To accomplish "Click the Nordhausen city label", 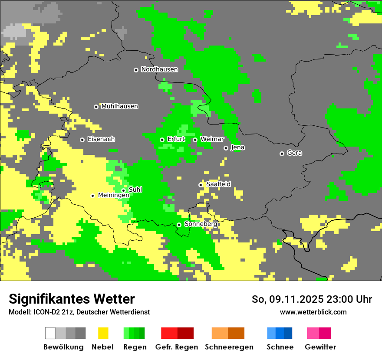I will pyautogui.click(x=159, y=69).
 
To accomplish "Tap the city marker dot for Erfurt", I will pyautogui.click(x=162, y=140).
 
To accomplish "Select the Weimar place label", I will pyautogui.click(x=212, y=139).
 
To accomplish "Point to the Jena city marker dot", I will pyautogui.click(x=226, y=148).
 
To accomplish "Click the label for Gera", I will pyautogui.click(x=294, y=153).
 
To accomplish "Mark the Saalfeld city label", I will pyautogui.click(x=218, y=184).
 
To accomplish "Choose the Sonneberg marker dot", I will pyautogui.click(x=179, y=225).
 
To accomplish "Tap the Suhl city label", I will pyautogui.click(x=135, y=190).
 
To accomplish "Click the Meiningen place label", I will pyautogui.click(x=113, y=196).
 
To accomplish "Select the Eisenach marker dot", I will pyautogui.click(x=82, y=140).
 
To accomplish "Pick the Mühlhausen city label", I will pyautogui.click(x=120, y=106).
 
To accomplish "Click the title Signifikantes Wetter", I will pyautogui.click(x=72, y=299).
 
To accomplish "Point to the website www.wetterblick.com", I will pyautogui.click(x=313, y=312).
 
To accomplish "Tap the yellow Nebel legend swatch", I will pyautogui.click(x=103, y=333).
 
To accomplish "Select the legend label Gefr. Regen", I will pyautogui.click(x=176, y=347).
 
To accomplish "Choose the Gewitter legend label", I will pyautogui.click(x=320, y=347).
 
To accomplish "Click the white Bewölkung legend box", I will pyautogui.click(x=50, y=333).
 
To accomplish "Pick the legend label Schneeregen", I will pyautogui.click(x=229, y=347).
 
